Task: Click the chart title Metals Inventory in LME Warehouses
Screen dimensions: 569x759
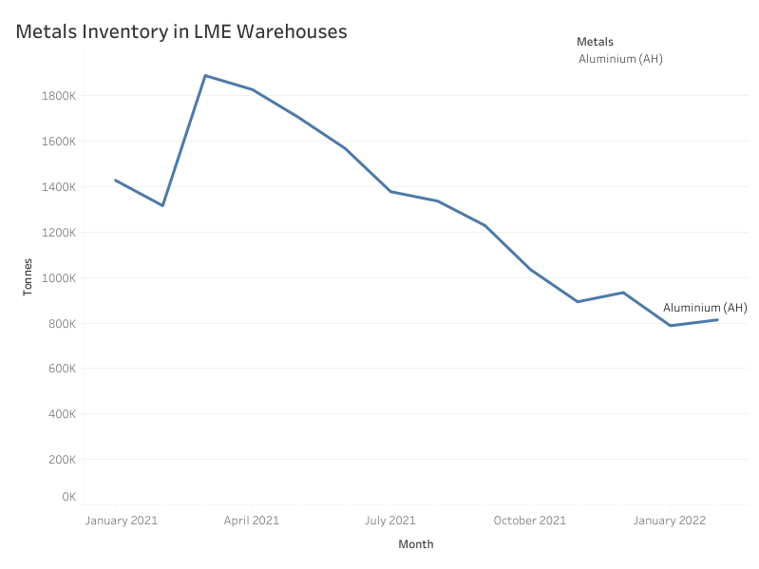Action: [181, 31]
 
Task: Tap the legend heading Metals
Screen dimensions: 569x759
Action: [595, 42]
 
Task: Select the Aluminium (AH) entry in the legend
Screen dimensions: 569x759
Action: [620, 59]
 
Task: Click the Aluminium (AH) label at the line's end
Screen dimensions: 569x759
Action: [705, 308]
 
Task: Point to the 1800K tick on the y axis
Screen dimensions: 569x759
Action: [59, 96]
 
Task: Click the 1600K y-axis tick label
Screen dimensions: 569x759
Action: [59, 142]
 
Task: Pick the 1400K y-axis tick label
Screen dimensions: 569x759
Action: [59, 187]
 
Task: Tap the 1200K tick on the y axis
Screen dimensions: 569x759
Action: [59, 233]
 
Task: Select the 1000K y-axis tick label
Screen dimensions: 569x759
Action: [59, 278]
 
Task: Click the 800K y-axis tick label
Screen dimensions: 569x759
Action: [62, 324]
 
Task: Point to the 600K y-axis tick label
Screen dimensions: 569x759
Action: [62, 369]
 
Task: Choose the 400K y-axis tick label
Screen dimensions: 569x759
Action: [62, 414]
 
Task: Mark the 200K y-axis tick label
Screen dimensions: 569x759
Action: [62, 460]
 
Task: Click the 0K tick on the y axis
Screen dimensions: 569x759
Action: [68, 497]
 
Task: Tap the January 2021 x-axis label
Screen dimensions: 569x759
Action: [122, 521]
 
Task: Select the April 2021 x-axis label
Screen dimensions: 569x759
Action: [252, 521]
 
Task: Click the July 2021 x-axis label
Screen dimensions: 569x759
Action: [390, 521]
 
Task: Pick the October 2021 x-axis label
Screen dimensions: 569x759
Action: [529, 521]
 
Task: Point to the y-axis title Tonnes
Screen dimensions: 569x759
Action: [28, 276]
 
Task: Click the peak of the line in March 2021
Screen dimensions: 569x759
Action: [205, 75]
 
